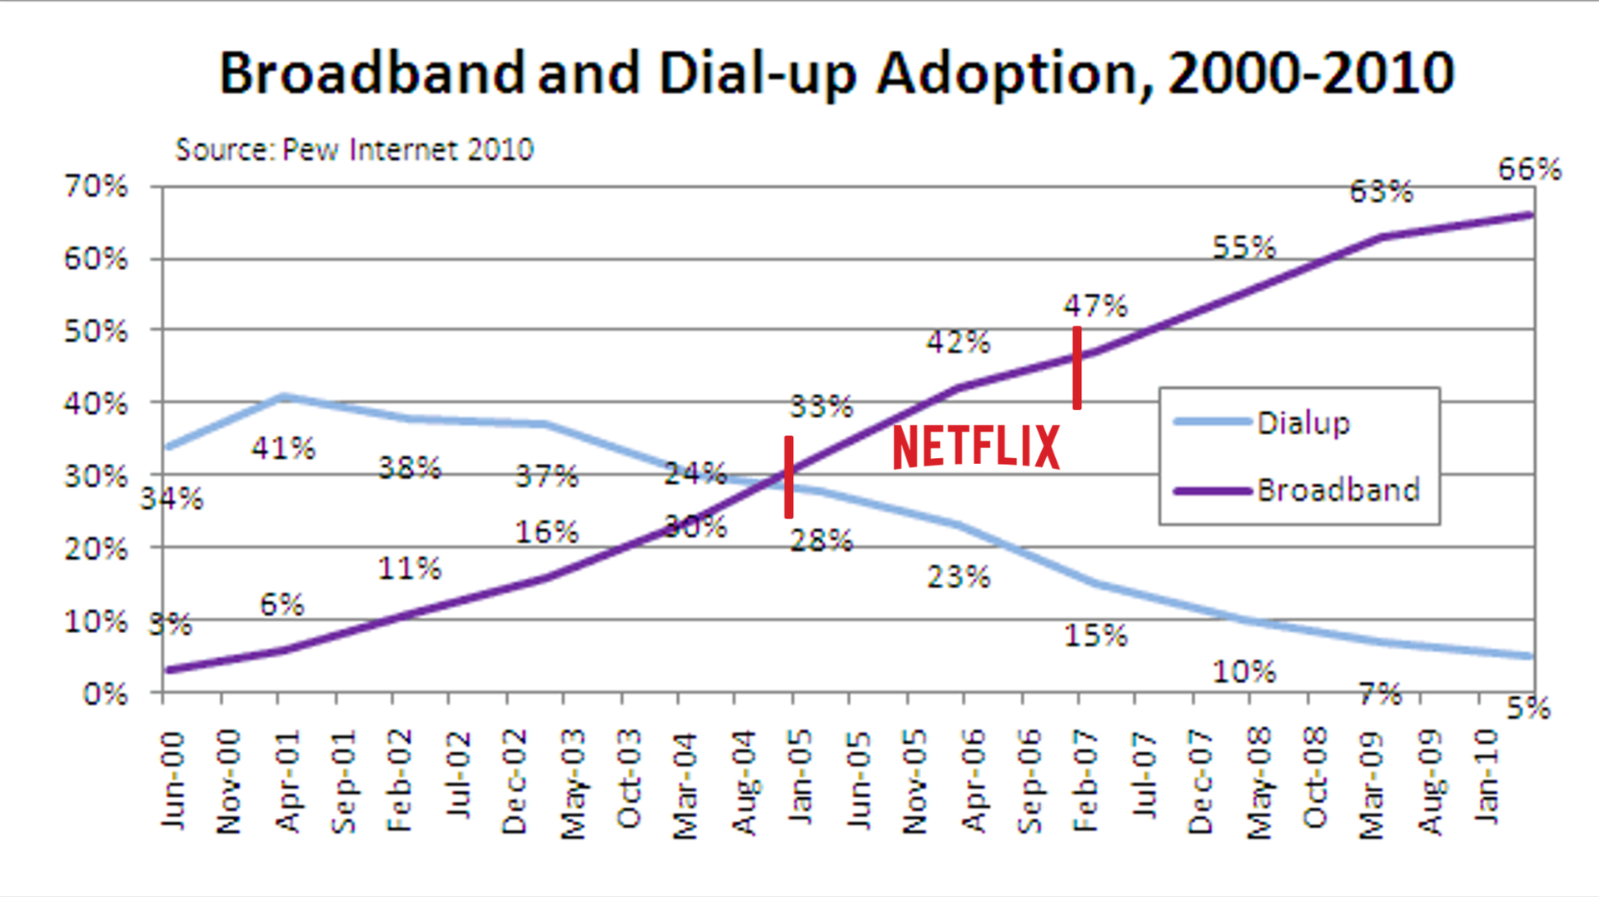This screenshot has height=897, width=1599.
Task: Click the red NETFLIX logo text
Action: [x=975, y=446]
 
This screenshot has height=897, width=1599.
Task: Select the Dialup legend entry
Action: [x=1303, y=423]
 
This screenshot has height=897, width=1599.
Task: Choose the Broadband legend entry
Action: [x=1337, y=490]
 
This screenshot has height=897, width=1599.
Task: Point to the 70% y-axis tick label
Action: [x=96, y=186]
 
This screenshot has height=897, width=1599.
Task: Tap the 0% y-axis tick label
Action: [x=105, y=694]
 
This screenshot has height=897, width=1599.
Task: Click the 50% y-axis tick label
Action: [x=96, y=331]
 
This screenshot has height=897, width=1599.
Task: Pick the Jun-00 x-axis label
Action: [x=172, y=780]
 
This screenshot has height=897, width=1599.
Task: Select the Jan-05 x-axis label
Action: [x=800, y=778]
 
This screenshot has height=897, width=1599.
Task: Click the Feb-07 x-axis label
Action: [x=1085, y=780]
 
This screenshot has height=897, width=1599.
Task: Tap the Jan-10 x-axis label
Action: [x=1487, y=776]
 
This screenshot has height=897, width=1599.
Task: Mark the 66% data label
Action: [x=1529, y=170]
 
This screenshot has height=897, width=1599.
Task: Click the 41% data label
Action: [x=283, y=449]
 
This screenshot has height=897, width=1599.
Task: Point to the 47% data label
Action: [x=1095, y=306]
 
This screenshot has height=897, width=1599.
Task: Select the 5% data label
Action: [x=1528, y=709]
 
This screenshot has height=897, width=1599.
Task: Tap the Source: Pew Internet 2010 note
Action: [x=354, y=150]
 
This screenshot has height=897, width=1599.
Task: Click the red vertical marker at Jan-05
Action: [x=789, y=477]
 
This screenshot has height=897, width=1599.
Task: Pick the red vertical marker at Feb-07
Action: [x=1077, y=367]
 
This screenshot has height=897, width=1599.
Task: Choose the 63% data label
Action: [x=1381, y=192]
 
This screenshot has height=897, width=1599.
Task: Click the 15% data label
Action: [x=1095, y=636]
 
